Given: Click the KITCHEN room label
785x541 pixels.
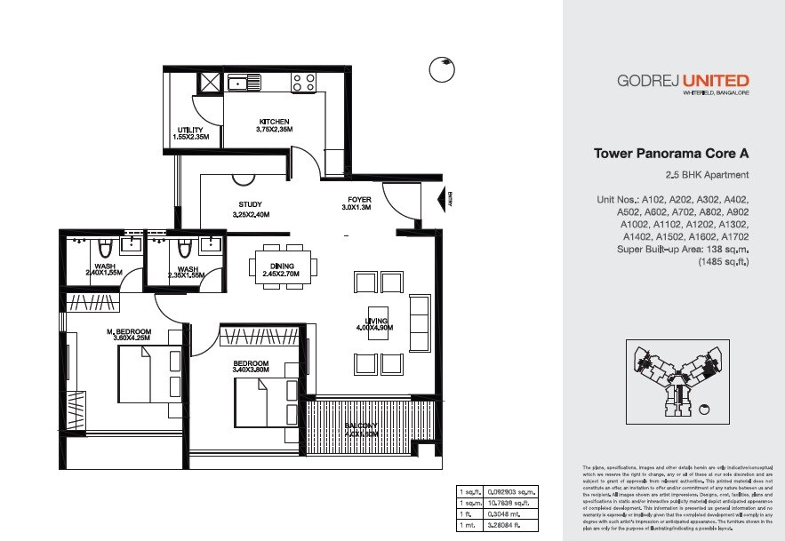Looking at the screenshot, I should point(275,122).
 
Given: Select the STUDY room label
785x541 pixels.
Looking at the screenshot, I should point(250,204).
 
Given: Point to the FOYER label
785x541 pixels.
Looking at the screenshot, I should point(359,200).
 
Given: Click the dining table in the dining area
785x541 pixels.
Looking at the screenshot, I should point(283,265).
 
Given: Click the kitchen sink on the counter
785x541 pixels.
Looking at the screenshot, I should point(243,84).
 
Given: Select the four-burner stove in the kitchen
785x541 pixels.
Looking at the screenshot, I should point(303,83).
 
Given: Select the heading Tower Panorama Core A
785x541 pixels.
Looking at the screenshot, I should point(670,154).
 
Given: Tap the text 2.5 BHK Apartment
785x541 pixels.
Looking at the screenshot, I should point(707,175).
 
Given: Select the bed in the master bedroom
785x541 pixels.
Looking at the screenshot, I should point(147,374).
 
